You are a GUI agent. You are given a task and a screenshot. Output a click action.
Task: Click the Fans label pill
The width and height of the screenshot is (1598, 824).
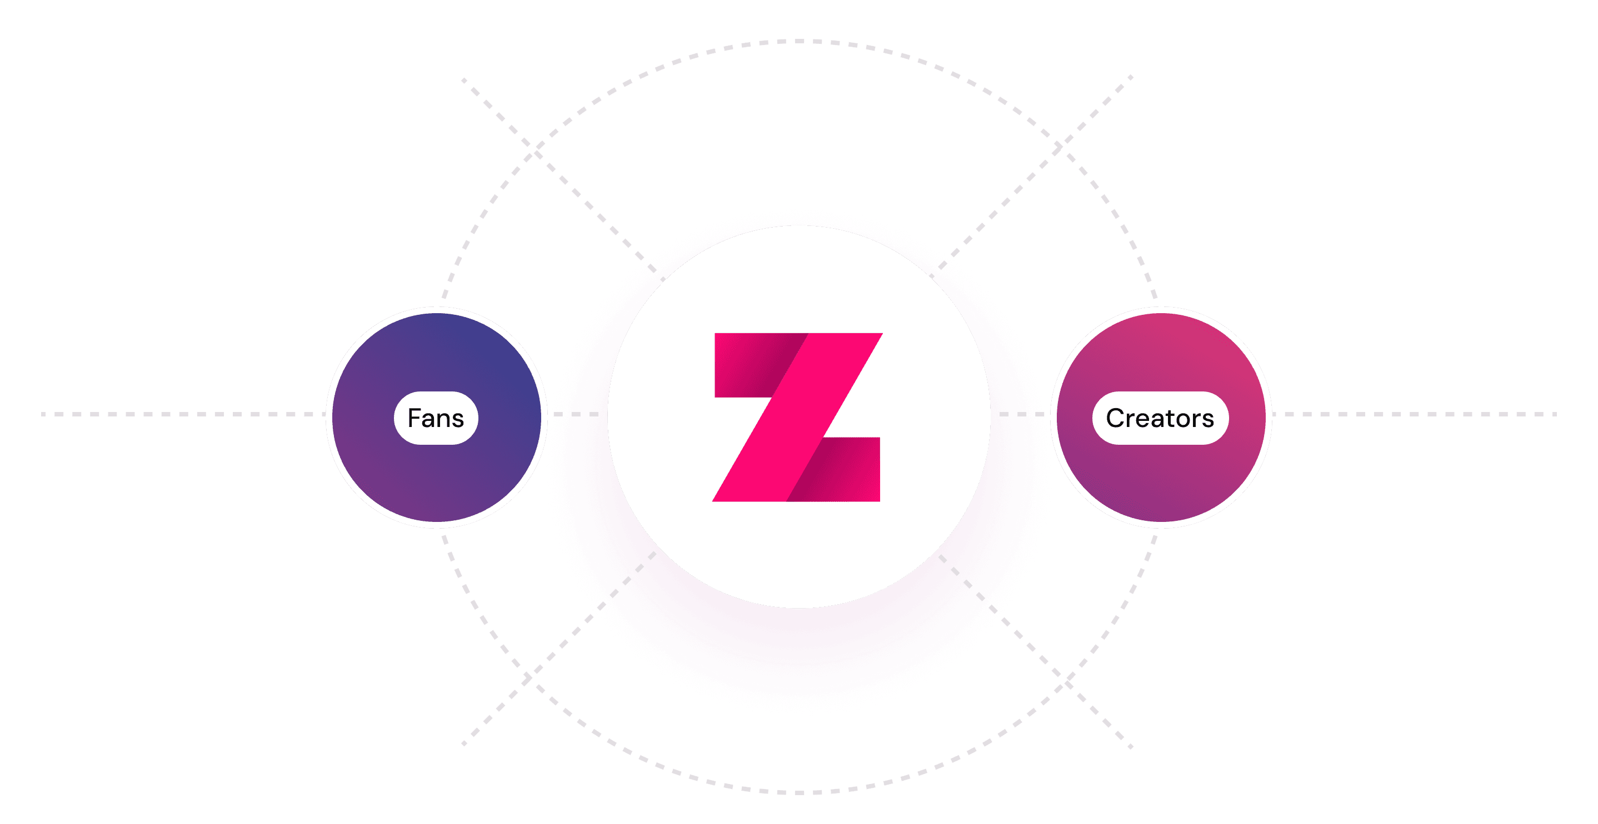click(x=436, y=418)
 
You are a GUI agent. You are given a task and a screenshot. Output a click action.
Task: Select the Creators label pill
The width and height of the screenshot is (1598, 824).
click(x=1160, y=418)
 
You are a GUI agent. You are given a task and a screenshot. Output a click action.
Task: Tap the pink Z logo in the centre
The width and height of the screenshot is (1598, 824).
click(x=798, y=416)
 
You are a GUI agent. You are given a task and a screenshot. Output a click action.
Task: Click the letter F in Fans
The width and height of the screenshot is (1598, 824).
click(x=414, y=418)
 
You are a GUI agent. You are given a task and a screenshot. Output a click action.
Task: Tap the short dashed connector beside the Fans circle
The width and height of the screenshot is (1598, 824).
click(x=576, y=414)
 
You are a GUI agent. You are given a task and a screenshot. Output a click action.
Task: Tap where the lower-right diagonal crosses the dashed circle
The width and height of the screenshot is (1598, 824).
click(x=1066, y=682)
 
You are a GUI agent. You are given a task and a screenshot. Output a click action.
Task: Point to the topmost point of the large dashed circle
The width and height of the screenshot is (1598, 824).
click(x=799, y=42)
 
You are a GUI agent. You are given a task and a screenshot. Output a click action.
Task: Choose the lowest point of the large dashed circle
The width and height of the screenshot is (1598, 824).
click(x=799, y=792)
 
